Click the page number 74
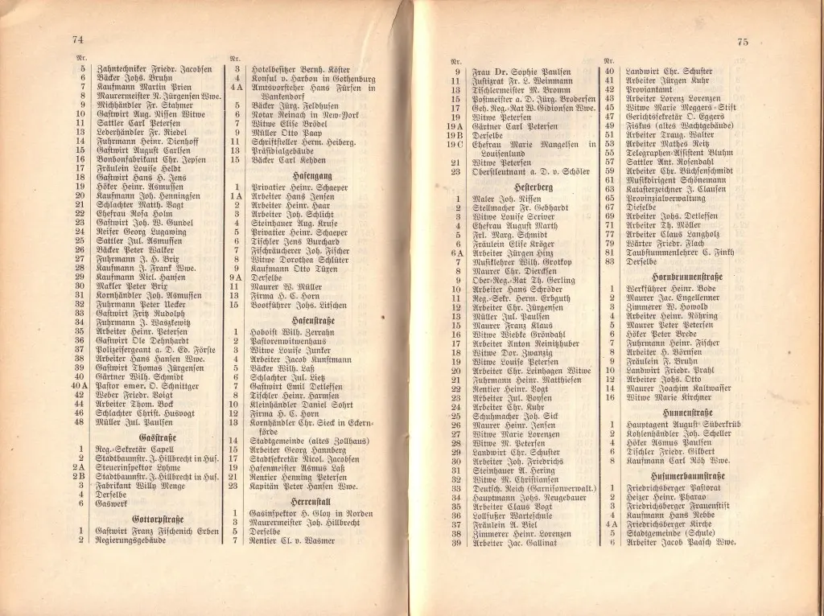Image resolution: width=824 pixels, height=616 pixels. [77, 40]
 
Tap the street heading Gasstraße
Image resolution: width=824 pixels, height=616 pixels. [158, 437]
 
